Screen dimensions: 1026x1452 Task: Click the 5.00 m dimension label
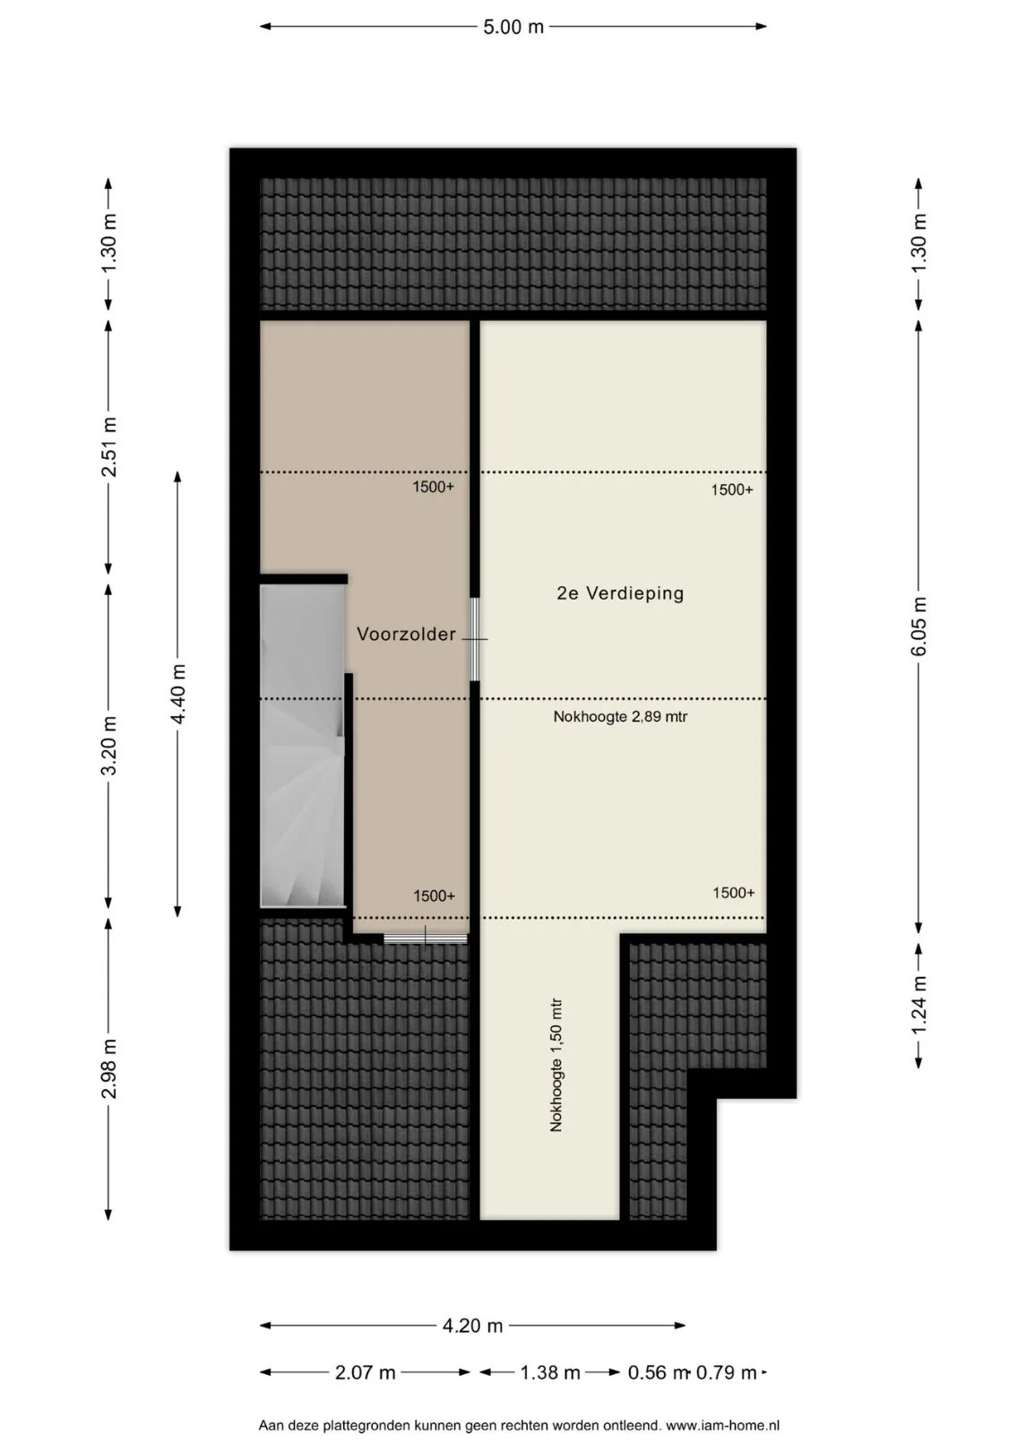pyautogui.click(x=513, y=27)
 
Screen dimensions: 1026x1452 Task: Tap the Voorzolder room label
pyautogui.click(x=407, y=634)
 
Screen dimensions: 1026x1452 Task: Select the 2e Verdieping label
pyautogui.click(x=620, y=593)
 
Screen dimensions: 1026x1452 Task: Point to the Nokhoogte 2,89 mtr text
pyautogui.click(x=620, y=717)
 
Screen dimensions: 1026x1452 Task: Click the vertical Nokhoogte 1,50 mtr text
pyautogui.click(x=556, y=1065)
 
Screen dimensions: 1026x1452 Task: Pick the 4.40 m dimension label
pyautogui.click(x=177, y=694)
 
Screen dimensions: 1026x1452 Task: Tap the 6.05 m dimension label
pyautogui.click(x=918, y=626)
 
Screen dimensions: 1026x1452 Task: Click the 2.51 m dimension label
pyautogui.click(x=109, y=447)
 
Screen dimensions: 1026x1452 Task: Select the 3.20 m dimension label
pyautogui.click(x=109, y=746)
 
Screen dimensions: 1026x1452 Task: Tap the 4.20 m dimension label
pyautogui.click(x=472, y=1327)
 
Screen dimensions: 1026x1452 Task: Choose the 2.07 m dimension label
pyautogui.click(x=365, y=1372)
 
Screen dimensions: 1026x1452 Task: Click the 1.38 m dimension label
pyautogui.click(x=549, y=1372)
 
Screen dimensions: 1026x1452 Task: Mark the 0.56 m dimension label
pyautogui.click(x=657, y=1372)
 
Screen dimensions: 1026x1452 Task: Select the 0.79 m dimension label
pyautogui.click(x=726, y=1372)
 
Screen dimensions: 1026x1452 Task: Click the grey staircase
pyautogui.click(x=302, y=746)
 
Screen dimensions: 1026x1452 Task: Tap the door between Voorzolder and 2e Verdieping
pyautogui.click(x=474, y=639)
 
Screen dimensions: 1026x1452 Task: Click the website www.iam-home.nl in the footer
pyautogui.click(x=722, y=1425)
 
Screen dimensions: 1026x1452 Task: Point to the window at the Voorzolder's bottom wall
pyautogui.click(x=425, y=938)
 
